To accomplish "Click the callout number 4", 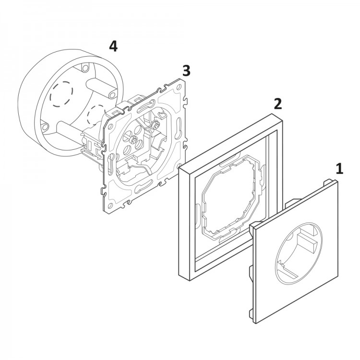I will pyautogui.click(x=113, y=46).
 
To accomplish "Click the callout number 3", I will pyautogui.click(x=186, y=71).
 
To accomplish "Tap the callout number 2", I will pyautogui.click(x=277, y=103).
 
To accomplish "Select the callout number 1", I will pyautogui.click(x=340, y=168).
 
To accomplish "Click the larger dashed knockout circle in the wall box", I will pyautogui.click(x=62, y=92).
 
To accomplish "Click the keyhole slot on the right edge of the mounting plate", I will pyautogui.click(x=178, y=132).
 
